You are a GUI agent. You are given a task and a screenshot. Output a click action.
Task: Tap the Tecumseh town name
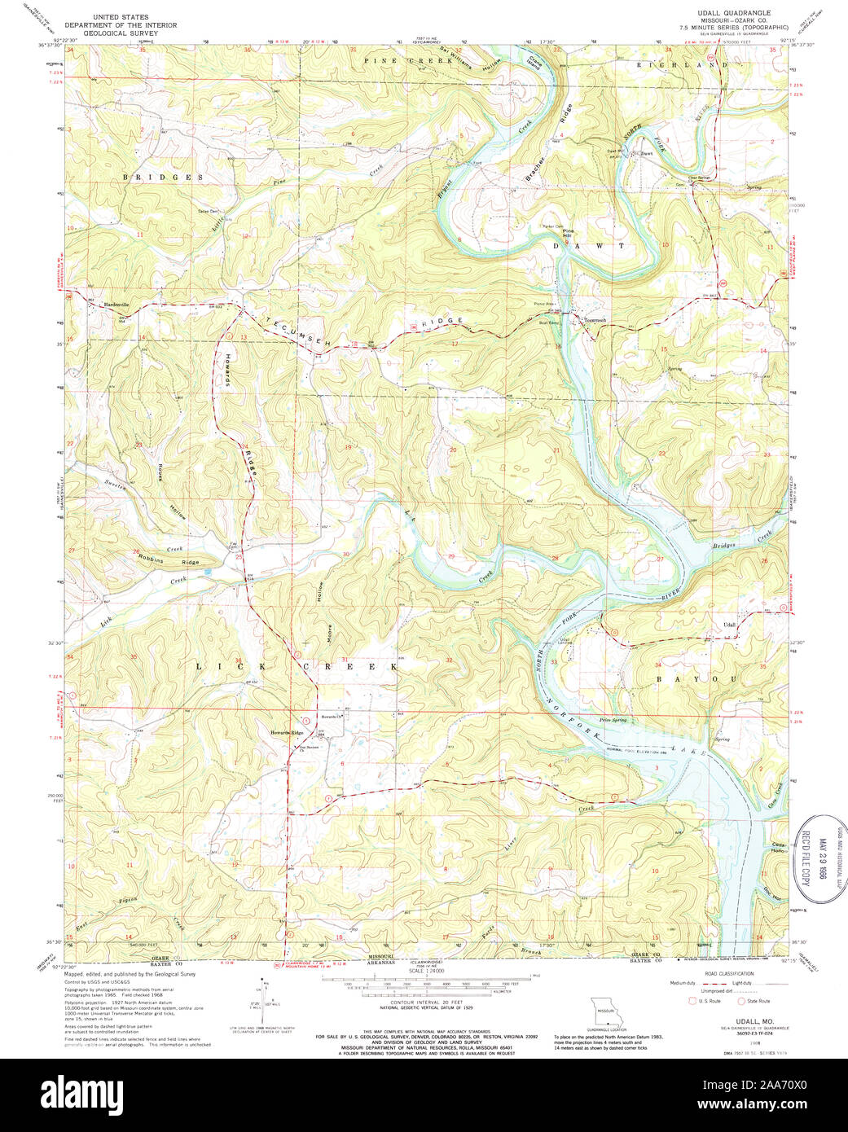coord(595,320)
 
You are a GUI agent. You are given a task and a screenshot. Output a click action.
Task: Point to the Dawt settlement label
coord(647,153)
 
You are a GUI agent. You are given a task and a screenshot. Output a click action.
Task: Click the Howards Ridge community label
coord(287,733)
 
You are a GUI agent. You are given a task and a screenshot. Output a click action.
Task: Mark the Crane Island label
coord(535,62)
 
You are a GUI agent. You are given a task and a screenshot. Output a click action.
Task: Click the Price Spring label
coord(613,720)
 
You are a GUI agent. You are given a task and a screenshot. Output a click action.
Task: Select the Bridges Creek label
coord(741,540)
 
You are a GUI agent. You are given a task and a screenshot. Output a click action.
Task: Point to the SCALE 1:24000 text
coord(428,972)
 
